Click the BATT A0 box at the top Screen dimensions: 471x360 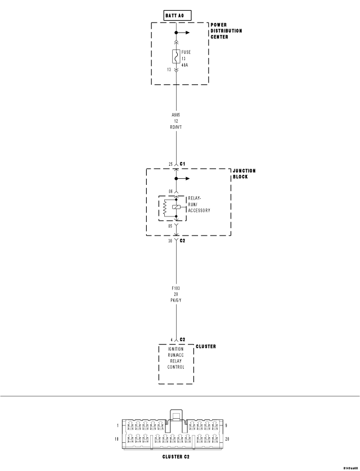[176, 15]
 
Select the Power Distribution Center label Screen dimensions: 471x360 [226, 31]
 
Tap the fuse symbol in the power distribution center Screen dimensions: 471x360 [176, 57]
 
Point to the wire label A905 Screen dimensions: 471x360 [176, 115]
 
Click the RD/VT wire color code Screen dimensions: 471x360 [176, 127]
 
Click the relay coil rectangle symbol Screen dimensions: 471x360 [177, 207]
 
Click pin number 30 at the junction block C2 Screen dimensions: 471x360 [170, 241]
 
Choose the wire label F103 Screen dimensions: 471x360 [176, 288]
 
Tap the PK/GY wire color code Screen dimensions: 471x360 [176, 301]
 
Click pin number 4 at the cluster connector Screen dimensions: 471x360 [171, 339]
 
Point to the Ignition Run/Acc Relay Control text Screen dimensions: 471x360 [175, 358]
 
